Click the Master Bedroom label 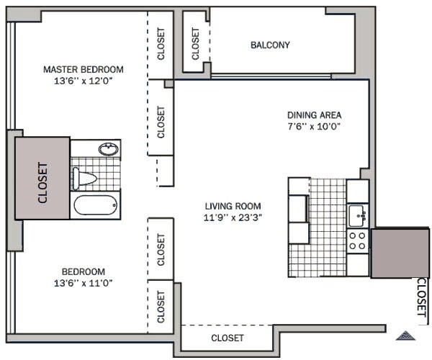84,69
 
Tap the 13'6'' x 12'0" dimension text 84,81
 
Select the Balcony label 270,45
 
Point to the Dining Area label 314,115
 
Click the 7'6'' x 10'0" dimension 314,127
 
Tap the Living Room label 233,206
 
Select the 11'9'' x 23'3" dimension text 233,217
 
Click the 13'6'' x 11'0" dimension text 84,283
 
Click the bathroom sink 109,149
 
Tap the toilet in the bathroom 84,179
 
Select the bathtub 95,205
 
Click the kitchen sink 357,216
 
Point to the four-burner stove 357,240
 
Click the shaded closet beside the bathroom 42,179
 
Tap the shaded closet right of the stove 400,252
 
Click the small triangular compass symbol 405,336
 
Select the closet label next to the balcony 195,43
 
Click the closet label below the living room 228,338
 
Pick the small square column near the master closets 169,84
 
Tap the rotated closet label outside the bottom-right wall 421,297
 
